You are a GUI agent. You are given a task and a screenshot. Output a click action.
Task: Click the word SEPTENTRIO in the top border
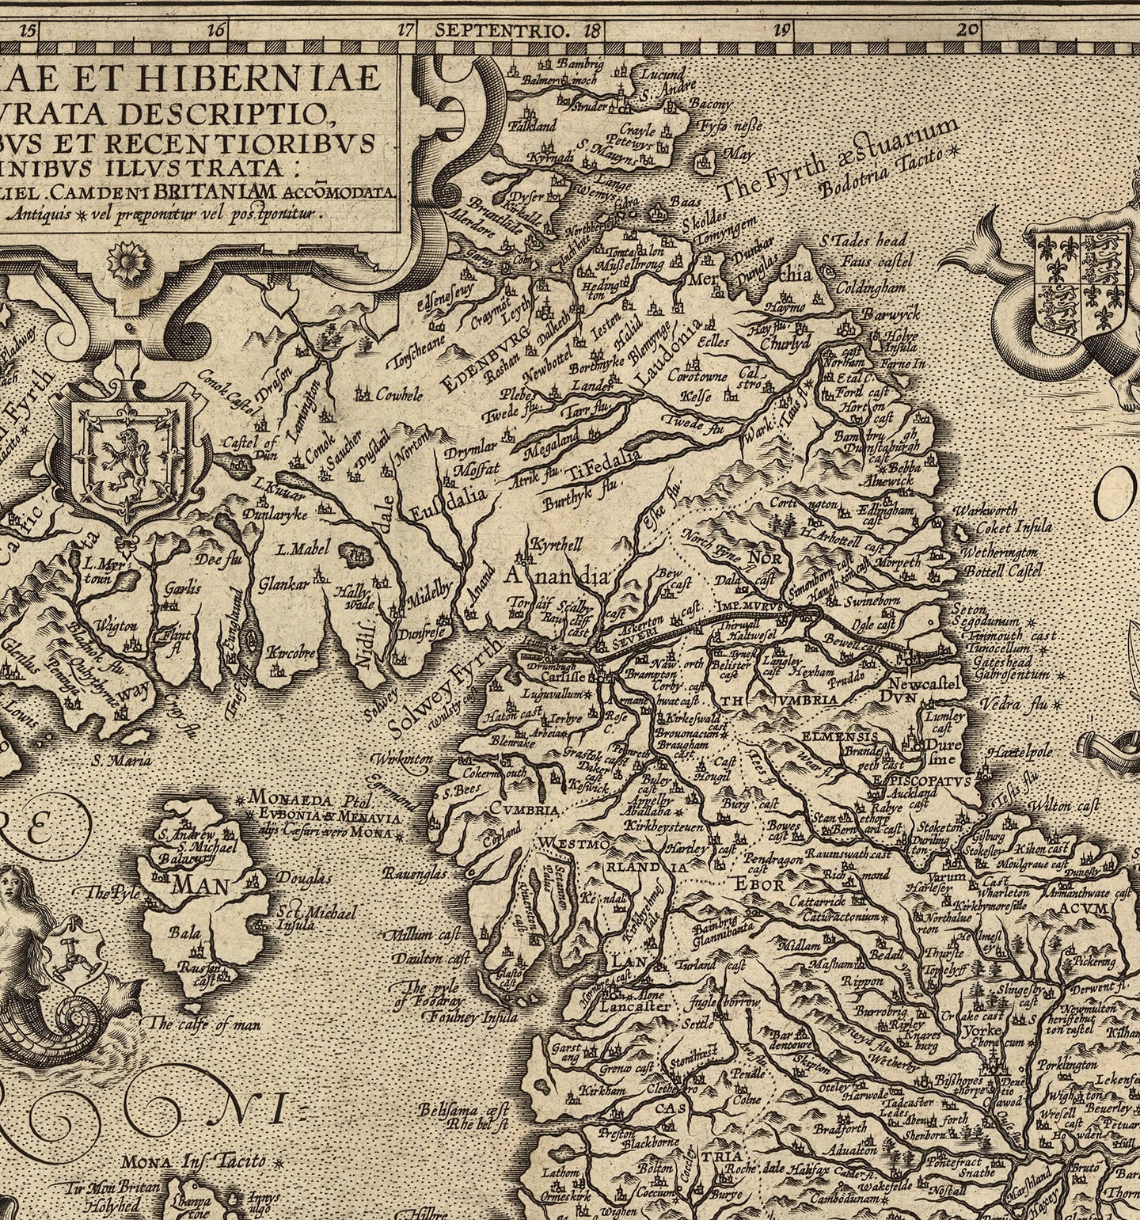[x=502, y=32]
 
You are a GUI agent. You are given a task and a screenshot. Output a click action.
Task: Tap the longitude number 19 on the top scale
[x=781, y=32]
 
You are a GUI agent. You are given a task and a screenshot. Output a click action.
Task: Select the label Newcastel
[x=924, y=683]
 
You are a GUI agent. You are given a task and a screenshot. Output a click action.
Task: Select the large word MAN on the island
[x=203, y=884]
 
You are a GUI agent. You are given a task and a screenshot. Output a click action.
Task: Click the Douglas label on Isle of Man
[x=304, y=878]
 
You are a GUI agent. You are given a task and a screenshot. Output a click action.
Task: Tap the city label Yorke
[x=984, y=1031]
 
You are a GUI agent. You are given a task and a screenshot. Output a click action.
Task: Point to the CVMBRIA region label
[x=524, y=809]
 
